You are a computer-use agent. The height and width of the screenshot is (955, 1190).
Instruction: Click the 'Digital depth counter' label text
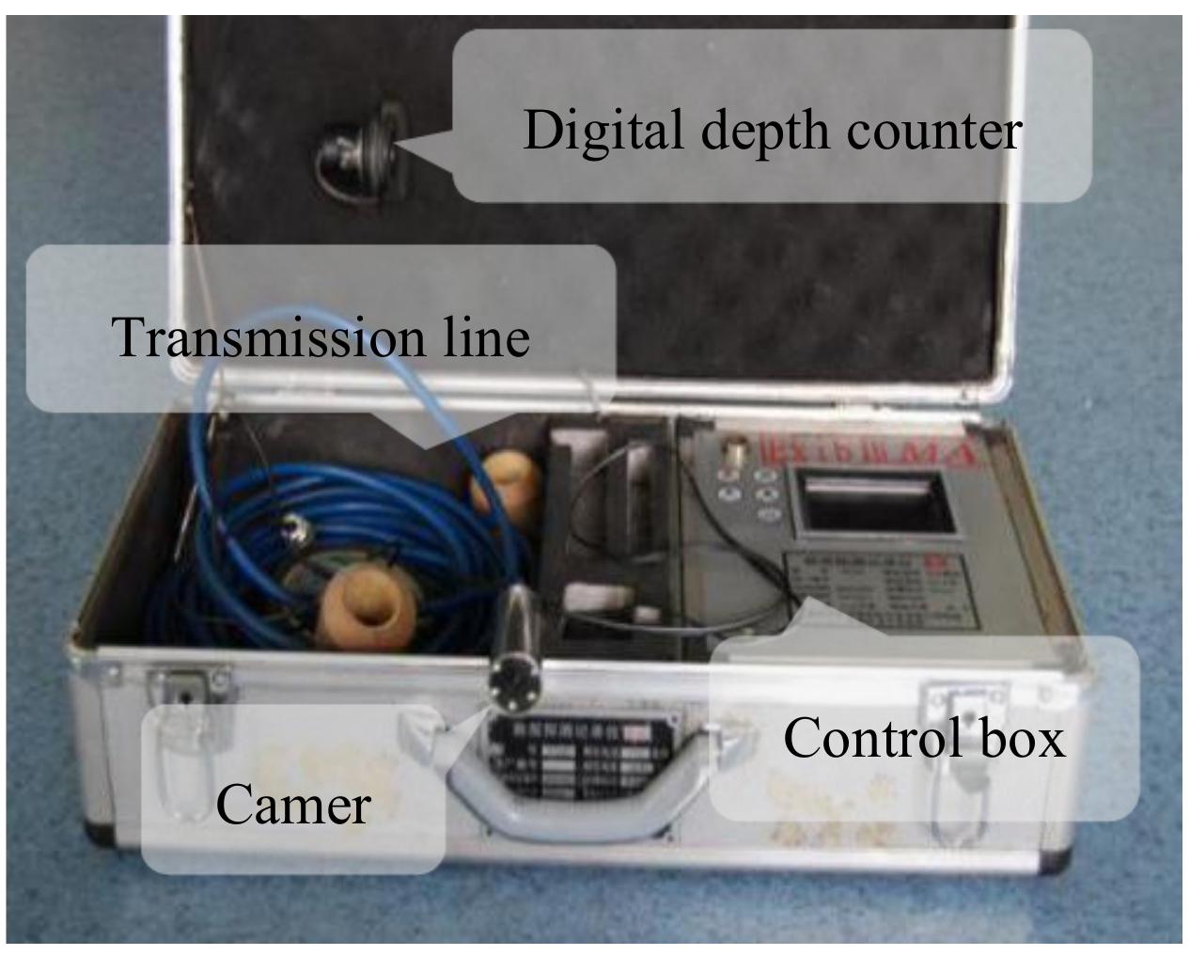point(771,130)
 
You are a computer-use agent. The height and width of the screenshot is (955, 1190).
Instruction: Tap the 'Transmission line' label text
point(321,337)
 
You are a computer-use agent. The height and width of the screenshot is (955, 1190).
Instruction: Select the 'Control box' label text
point(923,738)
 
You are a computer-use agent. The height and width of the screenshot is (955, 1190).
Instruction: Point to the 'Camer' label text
point(293,806)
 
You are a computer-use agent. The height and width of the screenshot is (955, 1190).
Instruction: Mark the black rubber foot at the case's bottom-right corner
point(1060,866)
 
